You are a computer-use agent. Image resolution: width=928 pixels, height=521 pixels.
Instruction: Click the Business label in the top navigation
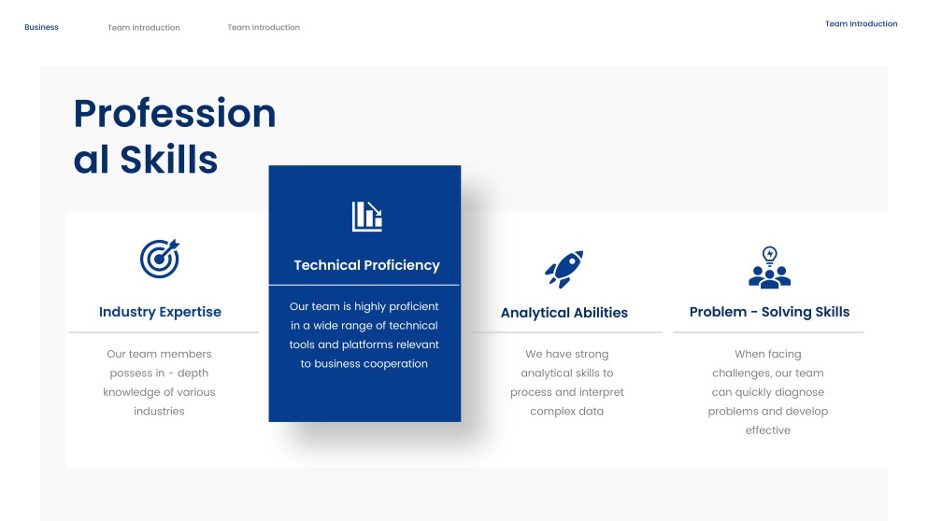pyautogui.click(x=41, y=27)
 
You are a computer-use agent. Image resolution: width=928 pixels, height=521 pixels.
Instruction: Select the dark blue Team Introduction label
pyautogui.click(x=861, y=23)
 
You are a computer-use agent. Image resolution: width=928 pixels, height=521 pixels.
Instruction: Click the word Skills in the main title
pyautogui.click(x=168, y=159)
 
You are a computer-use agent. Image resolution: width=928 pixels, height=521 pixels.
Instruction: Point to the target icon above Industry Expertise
pyautogui.click(x=160, y=259)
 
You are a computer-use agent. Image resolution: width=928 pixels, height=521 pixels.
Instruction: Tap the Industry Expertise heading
pyautogui.click(x=160, y=312)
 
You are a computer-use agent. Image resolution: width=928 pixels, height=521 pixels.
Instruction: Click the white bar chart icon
pyautogui.click(x=367, y=217)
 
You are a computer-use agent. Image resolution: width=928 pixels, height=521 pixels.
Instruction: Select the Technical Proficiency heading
pyautogui.click(x=367, y=265)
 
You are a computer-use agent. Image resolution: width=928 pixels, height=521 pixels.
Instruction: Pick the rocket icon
pyautogui.click(x=564, y=269)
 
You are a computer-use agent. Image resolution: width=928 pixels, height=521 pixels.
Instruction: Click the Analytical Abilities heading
pyautogui.click(x=564, y=312)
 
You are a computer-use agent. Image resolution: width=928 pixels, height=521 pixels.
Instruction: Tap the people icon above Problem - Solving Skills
pyautogui.click(x=769, y=267)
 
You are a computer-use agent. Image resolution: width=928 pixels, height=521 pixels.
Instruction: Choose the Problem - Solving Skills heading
pyautogui.click(x=769, y=312)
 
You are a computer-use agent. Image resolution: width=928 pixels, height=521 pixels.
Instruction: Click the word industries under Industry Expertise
pyautogui.click(x=159, y=411)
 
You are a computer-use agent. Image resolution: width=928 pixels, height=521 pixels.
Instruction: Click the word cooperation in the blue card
pyautogui.click(x=395, y=364)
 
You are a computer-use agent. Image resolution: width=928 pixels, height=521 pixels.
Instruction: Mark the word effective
pyautogui.click(x=767, y=429)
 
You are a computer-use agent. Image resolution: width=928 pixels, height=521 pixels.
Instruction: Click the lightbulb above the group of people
pyautogui.click(x=769, y=256)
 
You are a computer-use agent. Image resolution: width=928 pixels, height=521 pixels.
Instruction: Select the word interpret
pyautogui.click(x=601, y=392)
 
